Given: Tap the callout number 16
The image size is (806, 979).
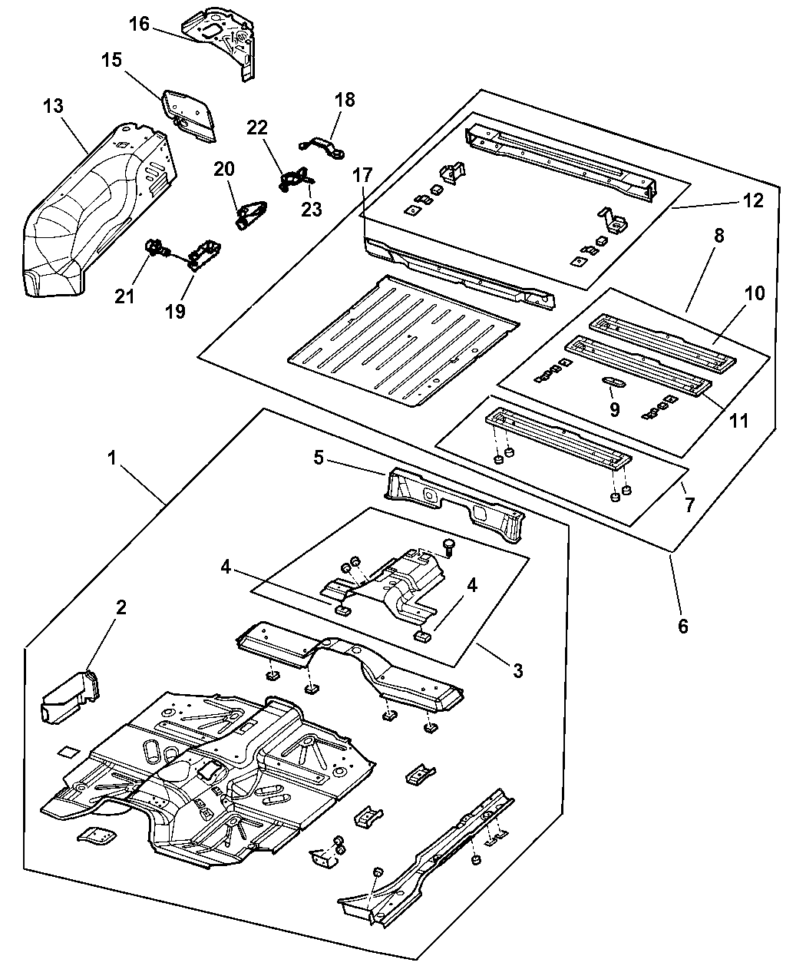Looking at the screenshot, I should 139,24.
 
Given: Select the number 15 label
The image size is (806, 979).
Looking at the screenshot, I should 112,60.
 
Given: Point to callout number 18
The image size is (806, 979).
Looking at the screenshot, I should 345,99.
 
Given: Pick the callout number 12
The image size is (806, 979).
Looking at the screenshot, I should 753,200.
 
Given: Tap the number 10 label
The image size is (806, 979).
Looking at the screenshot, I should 755,294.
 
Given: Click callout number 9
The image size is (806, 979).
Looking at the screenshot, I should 614,409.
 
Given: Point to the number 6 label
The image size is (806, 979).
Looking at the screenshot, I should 682,626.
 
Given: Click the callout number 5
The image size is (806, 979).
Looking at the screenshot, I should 319,458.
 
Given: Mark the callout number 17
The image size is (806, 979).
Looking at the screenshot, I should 363,175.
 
